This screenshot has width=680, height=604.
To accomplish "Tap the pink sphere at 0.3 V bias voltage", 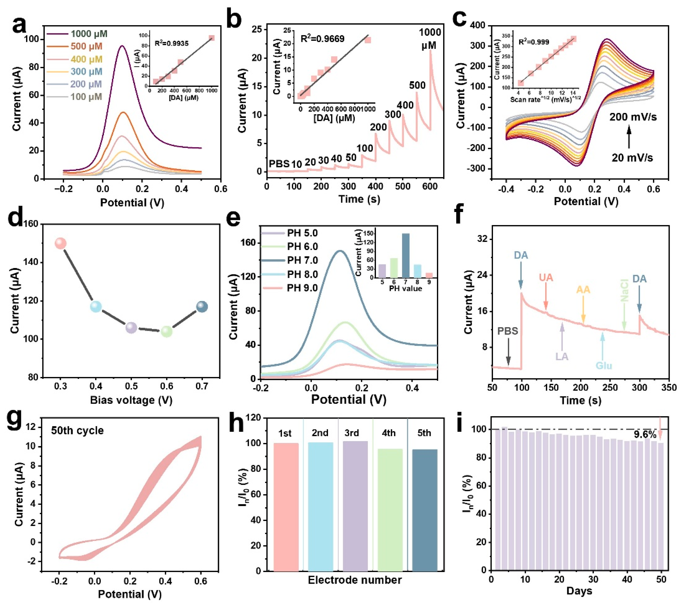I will pyautogui.click(x=61, y=243).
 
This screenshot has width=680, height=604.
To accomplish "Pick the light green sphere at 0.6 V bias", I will pyautogui.click(x=167, y=331).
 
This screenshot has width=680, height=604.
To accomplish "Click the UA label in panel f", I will pyautogui.click(x=546, y=277).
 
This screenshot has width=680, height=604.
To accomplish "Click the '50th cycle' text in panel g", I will pyautogui.click(x=77, y=430).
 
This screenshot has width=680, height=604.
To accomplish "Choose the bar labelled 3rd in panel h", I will pyautogui.click(x=355, y=506).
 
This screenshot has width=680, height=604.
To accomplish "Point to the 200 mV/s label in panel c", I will pyautogui.click(x=633, y=117).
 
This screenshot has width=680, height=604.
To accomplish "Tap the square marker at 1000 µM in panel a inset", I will pyautogui.click(x=212, y=38).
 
